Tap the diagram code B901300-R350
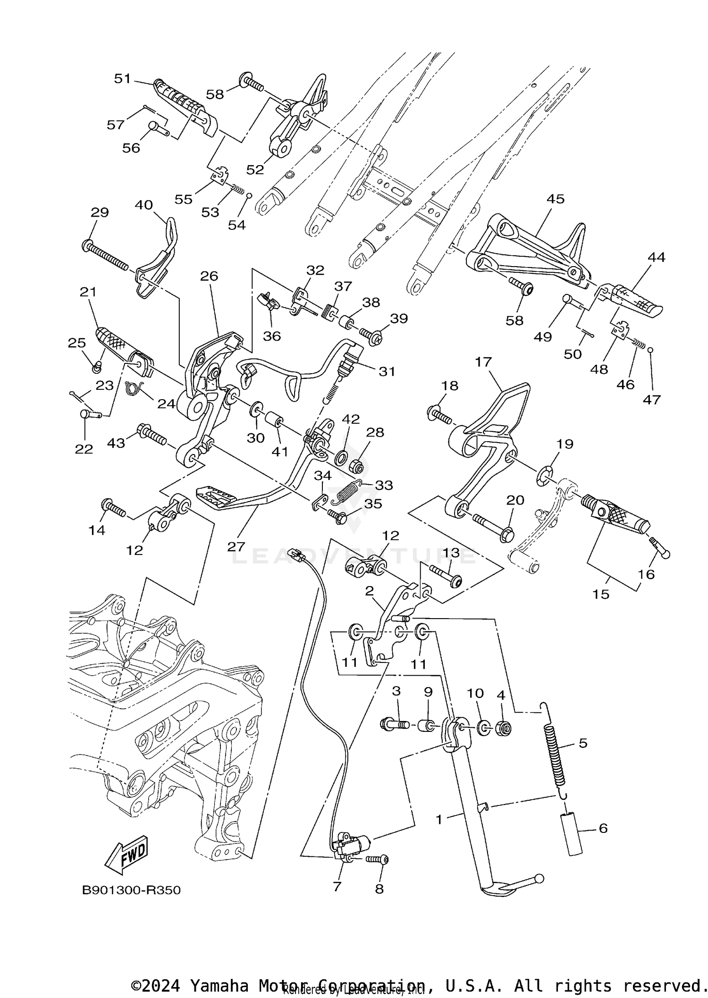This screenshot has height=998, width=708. (x=131, y=890)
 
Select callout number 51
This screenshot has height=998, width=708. (x=122, y=78)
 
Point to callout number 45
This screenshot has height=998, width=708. (x=555, y=199)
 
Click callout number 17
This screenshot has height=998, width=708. (x=483, y=362)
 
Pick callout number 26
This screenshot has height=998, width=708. (x=209, y=276)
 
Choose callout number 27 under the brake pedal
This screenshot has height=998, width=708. (x=236, y=546)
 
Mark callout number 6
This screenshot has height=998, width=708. (x=603, y=828)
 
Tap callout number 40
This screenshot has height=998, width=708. (x=144, y=205)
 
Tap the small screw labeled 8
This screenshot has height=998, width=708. (x=378, y=860)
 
